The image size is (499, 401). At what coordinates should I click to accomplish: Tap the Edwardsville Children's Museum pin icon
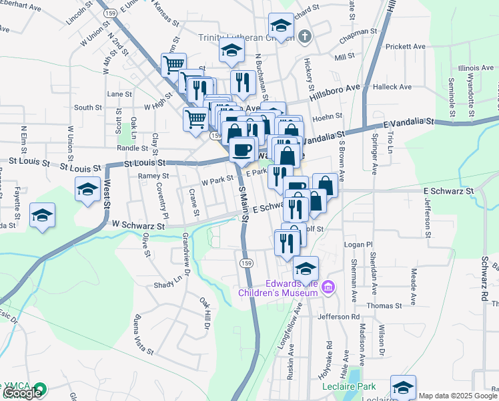(x=328, y=288)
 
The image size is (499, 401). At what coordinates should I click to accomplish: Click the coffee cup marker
(x=241, y=148)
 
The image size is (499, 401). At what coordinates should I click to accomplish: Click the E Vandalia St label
(x=409, y=124)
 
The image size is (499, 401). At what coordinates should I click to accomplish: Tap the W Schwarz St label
(x=138, y=226)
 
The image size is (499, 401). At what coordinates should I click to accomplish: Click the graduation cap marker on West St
(x=87, y=190)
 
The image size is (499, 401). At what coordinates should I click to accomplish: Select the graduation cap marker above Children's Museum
(x=306, y=269)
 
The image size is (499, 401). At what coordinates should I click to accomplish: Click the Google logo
(x=23, y=393)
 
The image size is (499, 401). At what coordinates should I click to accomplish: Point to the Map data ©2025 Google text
(x=458, y=396)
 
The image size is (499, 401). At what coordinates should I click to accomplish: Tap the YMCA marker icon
(x=40, y=388)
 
